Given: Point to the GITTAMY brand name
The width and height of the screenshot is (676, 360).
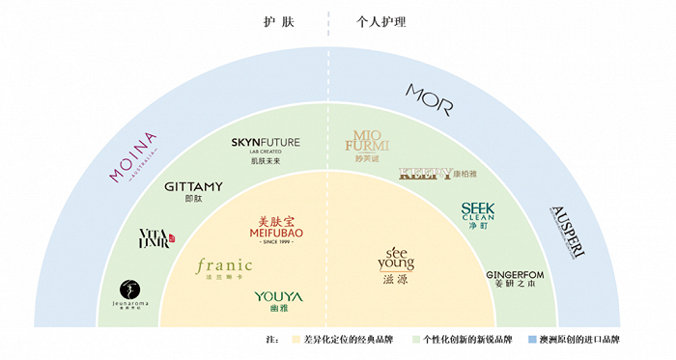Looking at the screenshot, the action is coord(193,186).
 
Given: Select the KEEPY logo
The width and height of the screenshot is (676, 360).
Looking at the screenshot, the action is coord(426,174).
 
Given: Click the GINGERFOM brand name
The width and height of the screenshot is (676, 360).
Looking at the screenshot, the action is coord(515,275).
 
